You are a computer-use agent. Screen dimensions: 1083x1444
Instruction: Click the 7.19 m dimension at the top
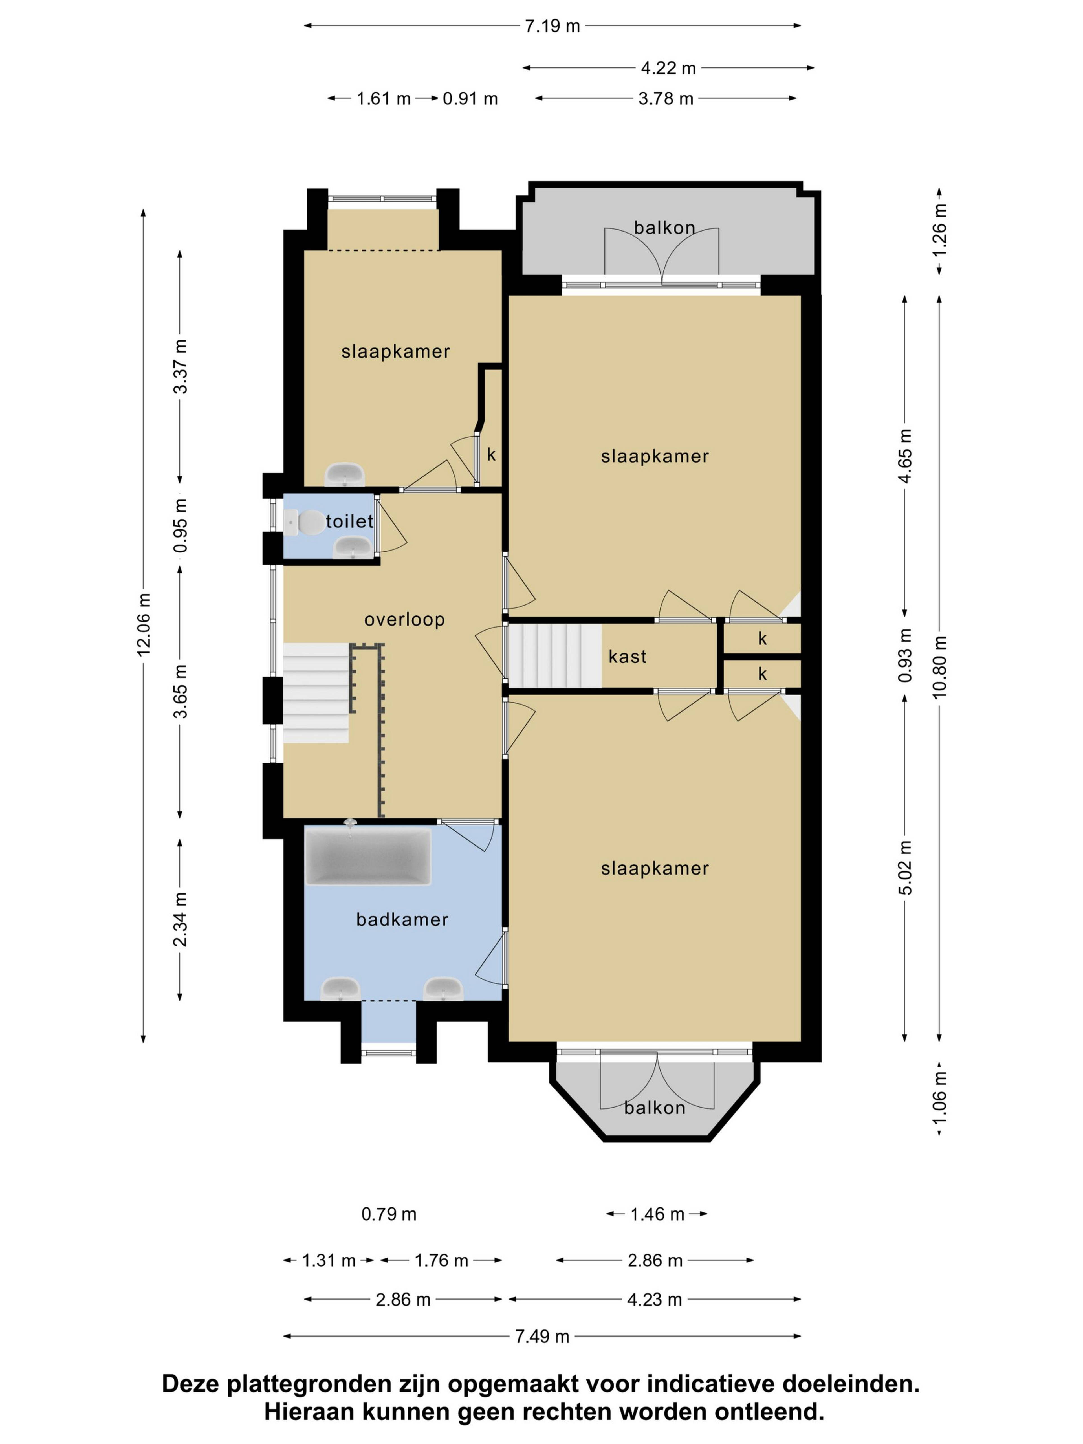tap(552, 26)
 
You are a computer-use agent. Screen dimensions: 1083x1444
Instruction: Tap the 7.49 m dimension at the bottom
tap(542, 1336)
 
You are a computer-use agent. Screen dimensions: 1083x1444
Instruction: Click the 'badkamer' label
tap(402, 920)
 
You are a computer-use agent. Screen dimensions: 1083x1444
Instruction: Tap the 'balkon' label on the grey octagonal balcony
tap(655, 1108)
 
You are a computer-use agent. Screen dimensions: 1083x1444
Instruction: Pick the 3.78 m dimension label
tap(665, 99)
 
